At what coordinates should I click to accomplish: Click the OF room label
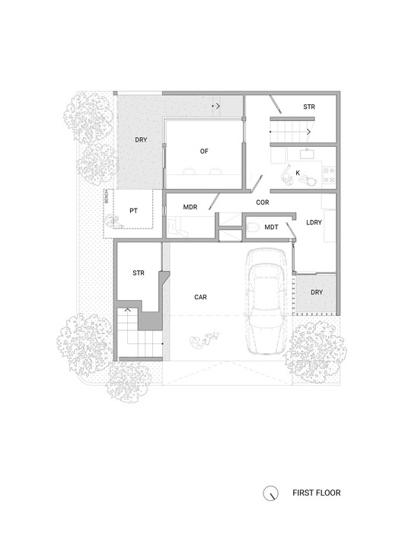[204, 152]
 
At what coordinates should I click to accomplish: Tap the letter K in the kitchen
[298, 173]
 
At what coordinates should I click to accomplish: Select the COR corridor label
[263, 203]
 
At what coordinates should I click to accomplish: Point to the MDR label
[191, 207]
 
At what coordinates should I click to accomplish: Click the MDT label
[271, 227]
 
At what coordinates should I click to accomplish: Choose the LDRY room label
[313, 223]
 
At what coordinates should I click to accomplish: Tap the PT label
[133, 210]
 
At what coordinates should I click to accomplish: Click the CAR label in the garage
[201, 298]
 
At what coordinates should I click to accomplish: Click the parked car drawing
[266, 305]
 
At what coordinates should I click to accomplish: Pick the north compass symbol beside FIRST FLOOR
[270, 493]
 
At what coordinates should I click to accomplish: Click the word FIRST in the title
[304, 493]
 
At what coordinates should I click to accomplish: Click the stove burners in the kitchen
[329, 173]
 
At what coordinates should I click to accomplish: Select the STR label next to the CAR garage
[139, 272]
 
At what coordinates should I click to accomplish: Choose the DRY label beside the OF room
[141, 140]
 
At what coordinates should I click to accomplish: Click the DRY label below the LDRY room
[317, 292]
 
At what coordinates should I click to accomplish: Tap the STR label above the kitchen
[309, 107]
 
